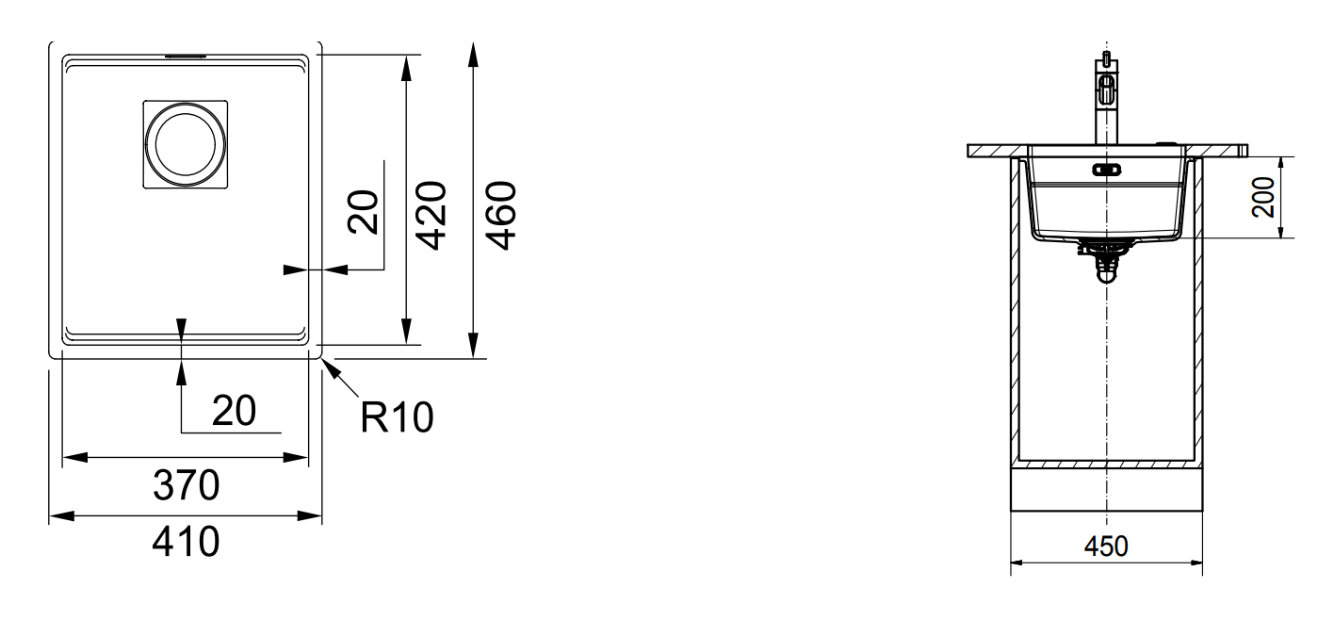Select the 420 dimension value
pyautogui.click(x=431, y=216)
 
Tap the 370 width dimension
pyautogui.click(x=186, y=486)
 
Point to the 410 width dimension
pyautogui.click(x=186, y=543)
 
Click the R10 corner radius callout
pyautogui.click(x=397, y=417)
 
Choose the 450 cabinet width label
pyautogui.click(x=1106, y=547)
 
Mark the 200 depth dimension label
pyautogui.click(x=1291, y=199)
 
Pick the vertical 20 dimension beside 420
pyautogui.click(x=364, y=210)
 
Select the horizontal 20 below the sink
pyautogui.click(x=232, y=411)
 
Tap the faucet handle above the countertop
pyautogui.click(x=1106, y=92)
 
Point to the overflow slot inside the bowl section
pyautogui.click(x=1105, y=171)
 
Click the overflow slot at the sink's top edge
pyautogui.click(x=185, y=57)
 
